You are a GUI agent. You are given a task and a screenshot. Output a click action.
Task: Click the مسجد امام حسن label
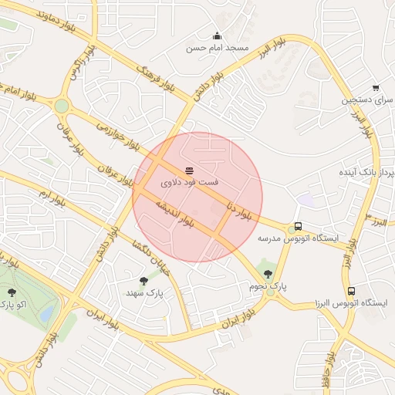217,48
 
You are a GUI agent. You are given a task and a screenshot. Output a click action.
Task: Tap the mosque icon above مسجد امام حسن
217,35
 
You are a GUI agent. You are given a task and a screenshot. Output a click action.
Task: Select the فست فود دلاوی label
189,184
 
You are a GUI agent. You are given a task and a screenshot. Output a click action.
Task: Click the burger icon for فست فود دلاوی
189,170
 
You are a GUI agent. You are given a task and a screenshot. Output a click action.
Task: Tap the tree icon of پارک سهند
144,281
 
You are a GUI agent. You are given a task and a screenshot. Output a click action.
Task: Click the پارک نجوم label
268,285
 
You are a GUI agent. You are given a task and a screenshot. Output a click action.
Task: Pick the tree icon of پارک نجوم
268,273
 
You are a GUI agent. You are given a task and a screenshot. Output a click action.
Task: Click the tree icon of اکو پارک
12,292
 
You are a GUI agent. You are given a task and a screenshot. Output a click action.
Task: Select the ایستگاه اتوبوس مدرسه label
298,239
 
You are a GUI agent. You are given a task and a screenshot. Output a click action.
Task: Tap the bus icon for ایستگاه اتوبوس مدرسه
298,228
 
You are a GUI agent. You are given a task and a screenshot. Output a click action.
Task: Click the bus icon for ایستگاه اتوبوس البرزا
352,292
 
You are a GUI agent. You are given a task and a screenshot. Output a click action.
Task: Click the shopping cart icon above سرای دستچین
375,88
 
